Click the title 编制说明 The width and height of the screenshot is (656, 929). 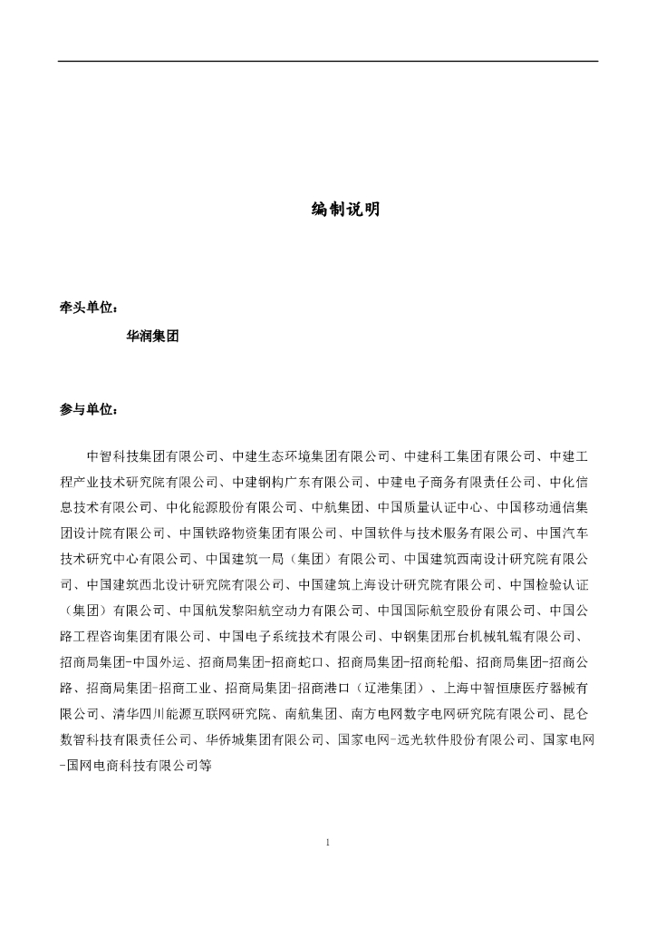tap(345, 210)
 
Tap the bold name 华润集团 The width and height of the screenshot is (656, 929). tap(152, 336)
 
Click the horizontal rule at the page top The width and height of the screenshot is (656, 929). tap(328, 61)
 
